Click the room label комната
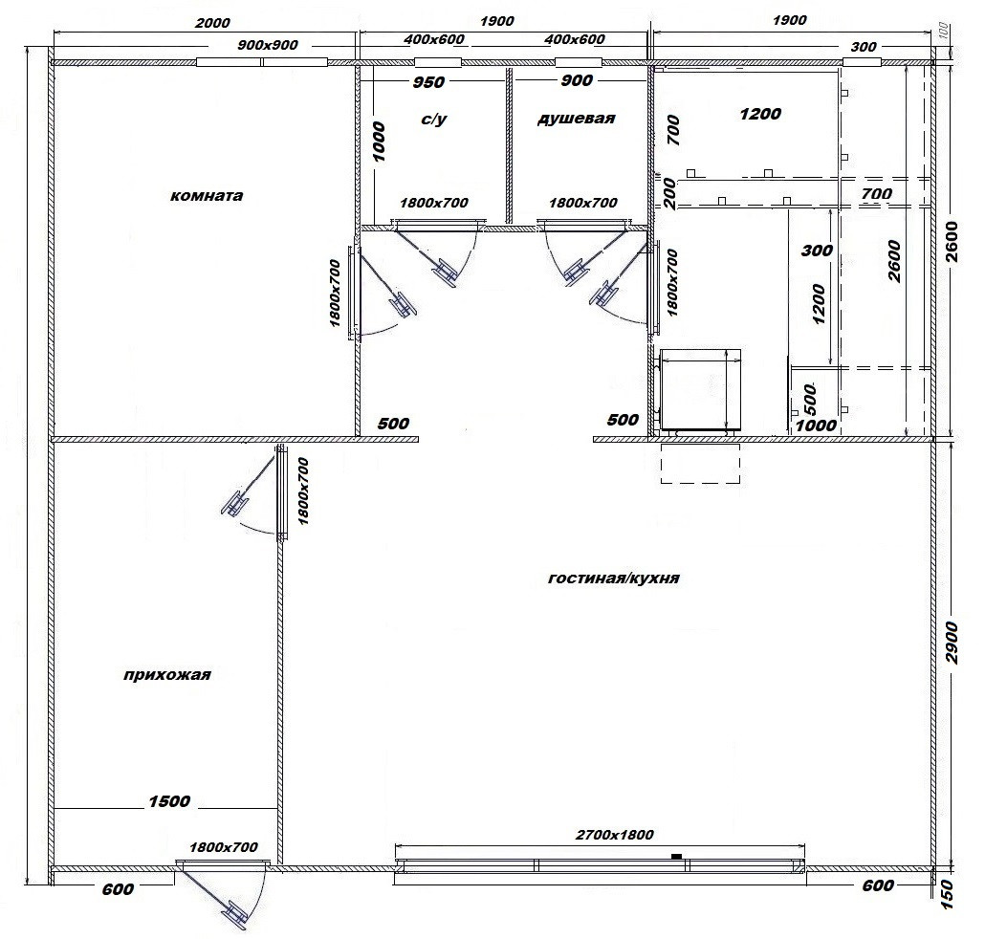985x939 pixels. pyautogui.click(x=206, y=195)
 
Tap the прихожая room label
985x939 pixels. pyautogui.click(x=166, y=675)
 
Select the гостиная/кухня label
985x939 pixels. pyautogui.click(x=613, y=578)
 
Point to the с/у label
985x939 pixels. pyautogui.click(x=433, y=119)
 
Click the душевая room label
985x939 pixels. pyautogui.click(x=576, y=118)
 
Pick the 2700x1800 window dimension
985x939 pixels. pyautogui.click(x=614, y=835)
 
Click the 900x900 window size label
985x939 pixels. pyautogui.click(x=268, y=45)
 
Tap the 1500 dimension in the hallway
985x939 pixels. pyautogui.click(x=169, y=801)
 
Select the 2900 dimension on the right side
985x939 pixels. pyautogui.click(x=952, y=642)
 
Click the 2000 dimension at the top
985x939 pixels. pyautogui.click(x=212, y=23)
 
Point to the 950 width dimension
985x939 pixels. pyautogui.click(x=428, y=82)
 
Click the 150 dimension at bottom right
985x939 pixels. pyautogui.click(x=949, y=894)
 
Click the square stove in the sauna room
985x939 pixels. pyautogui.click(x=698, y=390)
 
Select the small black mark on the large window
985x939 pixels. pyautogui.click(x=676, y=856)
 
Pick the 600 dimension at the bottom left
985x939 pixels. pyautogui.click(x=118, y=889)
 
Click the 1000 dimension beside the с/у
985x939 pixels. pyautogui.click(x=379, y=142)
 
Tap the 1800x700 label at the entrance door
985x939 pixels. pyautogui.click(x=224, y=847)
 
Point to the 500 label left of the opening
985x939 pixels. pyautogui.click(x=393, y=424)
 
